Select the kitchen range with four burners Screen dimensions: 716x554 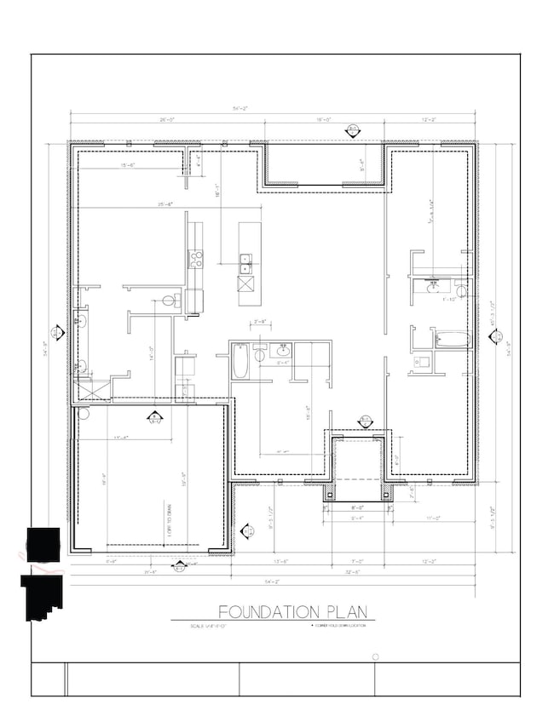click(195, 259)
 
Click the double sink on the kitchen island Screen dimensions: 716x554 click(245, 260)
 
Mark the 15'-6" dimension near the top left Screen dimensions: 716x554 click(129, 164)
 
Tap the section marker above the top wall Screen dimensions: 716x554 click(352, 129)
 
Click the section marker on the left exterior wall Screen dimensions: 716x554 click(56, 332)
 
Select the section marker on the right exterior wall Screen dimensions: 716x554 click(493, 337)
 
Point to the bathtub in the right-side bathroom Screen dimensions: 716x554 click(452, 340)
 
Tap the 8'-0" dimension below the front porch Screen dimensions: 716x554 click(357, 507)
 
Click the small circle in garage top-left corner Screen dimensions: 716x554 click(84, 415)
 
